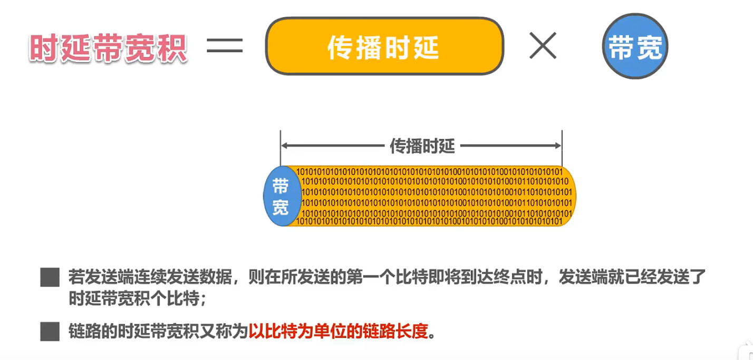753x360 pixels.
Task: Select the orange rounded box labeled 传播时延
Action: click(384, 46)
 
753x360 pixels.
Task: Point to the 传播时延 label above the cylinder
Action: click(422, 145)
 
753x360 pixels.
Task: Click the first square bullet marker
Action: click(50, 277)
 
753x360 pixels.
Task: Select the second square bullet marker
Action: click(50, 331)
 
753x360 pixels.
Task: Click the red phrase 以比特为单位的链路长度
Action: click(339, 331)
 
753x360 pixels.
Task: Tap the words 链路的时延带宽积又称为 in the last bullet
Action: click(158, 331)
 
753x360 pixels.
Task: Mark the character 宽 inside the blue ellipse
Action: click(281, 207)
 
